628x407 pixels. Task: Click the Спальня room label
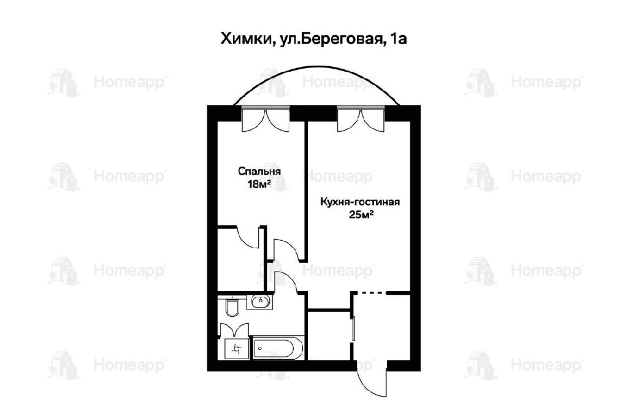(x=259, y=171)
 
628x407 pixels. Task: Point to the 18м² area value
(x=259, y=184)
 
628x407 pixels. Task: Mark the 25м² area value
(x=361, y=215)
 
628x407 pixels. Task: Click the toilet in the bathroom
(x=231, y=307)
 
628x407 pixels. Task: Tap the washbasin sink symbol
(x=261, y=300)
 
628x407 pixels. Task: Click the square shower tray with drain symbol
(x=235, y=349)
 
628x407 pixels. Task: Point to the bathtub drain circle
(x=260, y=349)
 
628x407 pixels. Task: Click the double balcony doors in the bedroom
(x=266, y=120)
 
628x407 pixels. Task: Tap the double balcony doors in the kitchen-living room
(x=361, y=120)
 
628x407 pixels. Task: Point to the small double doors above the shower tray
(x=235, y=330)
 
